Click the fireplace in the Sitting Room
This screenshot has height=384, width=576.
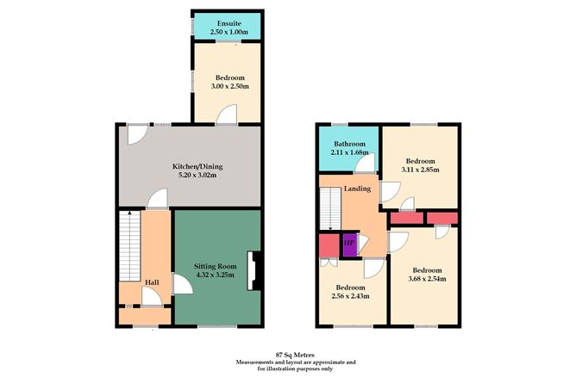point(251,270)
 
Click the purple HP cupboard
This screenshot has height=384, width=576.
point(349,245)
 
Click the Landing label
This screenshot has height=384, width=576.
point(357,189)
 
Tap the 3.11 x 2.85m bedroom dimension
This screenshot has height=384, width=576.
point(420,170)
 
